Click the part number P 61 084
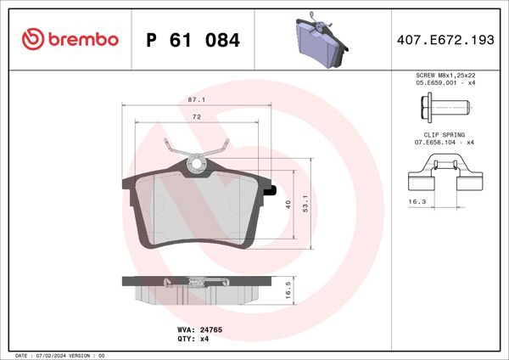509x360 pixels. pyautogui.click(x=193, y=40)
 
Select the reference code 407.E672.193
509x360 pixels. pyautogui.click(x=445, y=40)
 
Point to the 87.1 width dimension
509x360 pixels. pyautogui.click(x=197, y=98)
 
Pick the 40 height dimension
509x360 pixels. pyautogui.click(x=288, y=204)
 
